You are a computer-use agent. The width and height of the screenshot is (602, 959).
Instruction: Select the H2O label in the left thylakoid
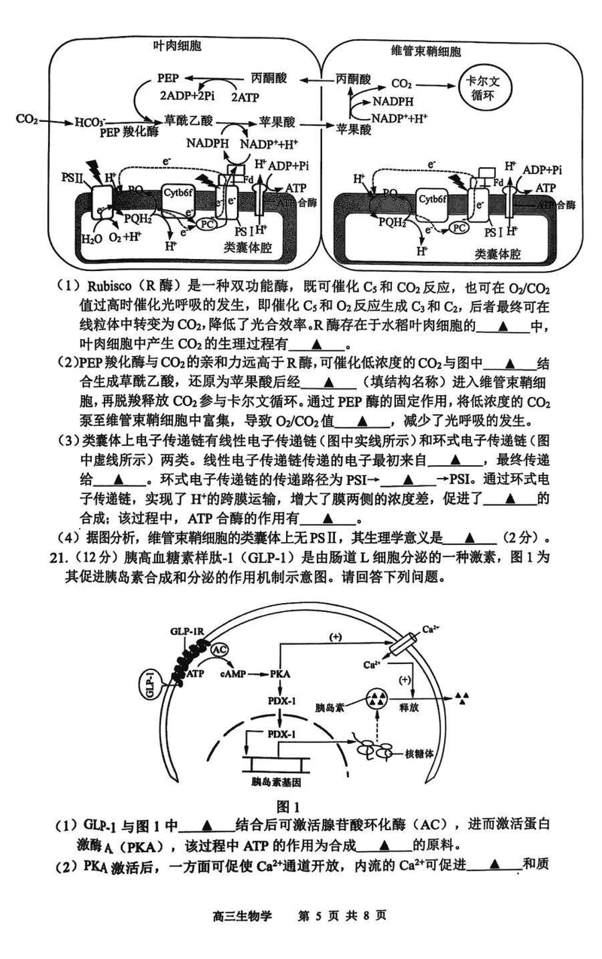[92, 239]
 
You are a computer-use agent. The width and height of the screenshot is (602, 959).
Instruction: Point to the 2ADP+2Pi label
[187, 96]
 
